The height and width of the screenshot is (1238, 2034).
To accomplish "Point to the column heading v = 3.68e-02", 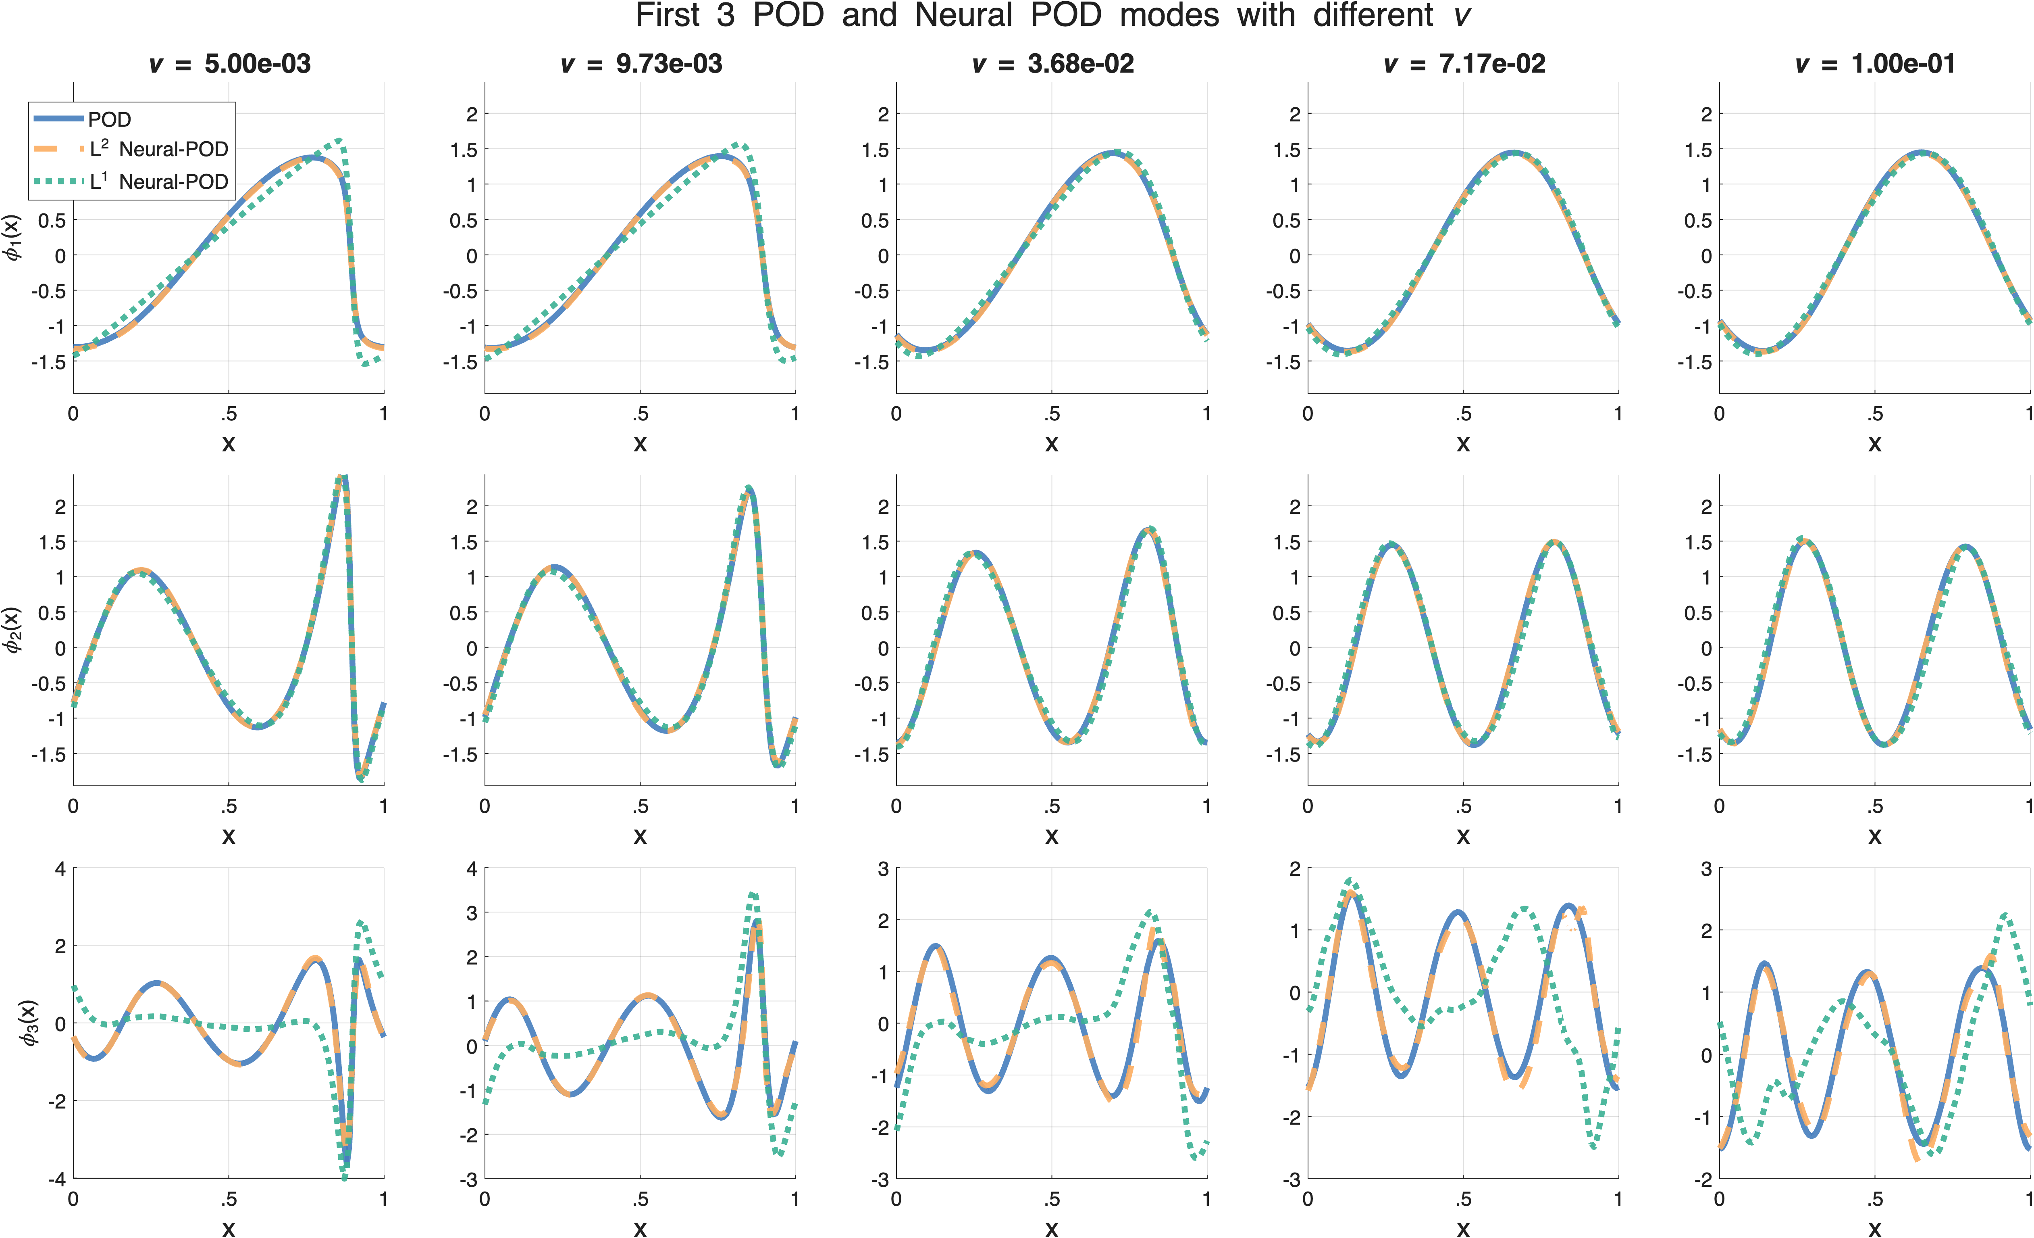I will (1052, 64).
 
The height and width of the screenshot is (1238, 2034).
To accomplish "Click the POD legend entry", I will (109, 120).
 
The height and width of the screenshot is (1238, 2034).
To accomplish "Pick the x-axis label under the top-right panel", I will (1875, 444).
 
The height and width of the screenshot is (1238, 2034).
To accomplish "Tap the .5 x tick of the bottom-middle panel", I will (1052, 1199).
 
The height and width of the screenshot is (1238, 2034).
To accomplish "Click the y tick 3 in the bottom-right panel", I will (1706, 869).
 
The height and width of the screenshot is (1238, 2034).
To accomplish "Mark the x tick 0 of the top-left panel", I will (73, 414).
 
